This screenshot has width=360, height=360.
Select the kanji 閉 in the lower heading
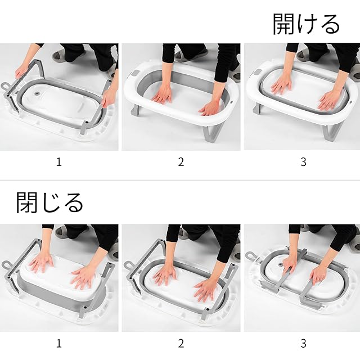pos(26,202)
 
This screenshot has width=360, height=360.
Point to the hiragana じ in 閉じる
pos(49,202)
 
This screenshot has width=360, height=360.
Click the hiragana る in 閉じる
pos(73,202)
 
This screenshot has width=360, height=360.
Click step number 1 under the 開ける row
pos(59,162)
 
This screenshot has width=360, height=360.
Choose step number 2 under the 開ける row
pos(181,162)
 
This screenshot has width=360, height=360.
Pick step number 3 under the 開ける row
pos(303,162)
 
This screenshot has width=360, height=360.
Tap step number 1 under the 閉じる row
pos(59,344)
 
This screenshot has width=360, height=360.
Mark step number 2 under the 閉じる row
pos(181,344)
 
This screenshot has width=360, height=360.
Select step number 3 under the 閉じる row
pos(303,344)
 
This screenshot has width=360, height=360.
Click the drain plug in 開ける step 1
pos(36,94)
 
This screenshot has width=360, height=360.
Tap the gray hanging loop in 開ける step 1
pos(5,87)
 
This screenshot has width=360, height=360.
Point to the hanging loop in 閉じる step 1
pos(6,265)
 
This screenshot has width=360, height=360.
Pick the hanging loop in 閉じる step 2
pos(128,265)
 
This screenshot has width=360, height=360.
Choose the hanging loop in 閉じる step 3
pos(250,255)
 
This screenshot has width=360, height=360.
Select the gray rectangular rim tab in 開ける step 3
pos(257,73)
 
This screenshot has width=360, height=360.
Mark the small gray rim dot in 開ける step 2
pos(231,101)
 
